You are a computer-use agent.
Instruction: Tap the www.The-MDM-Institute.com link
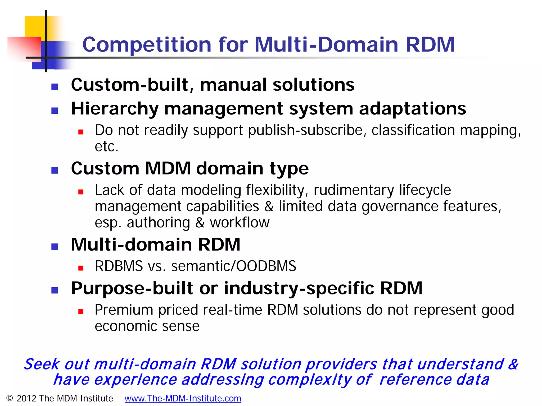(183, 398)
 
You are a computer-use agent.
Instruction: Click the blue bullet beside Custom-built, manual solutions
(55, 87)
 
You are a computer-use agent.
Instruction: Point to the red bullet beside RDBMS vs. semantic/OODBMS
(81, 268)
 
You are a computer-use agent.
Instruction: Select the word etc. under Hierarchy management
(106, 146)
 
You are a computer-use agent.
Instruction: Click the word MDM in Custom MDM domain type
(168, 168)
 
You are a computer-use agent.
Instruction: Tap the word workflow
(240, 223)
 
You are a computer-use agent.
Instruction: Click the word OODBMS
(266, 266)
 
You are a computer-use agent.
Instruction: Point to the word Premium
(124, 310)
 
